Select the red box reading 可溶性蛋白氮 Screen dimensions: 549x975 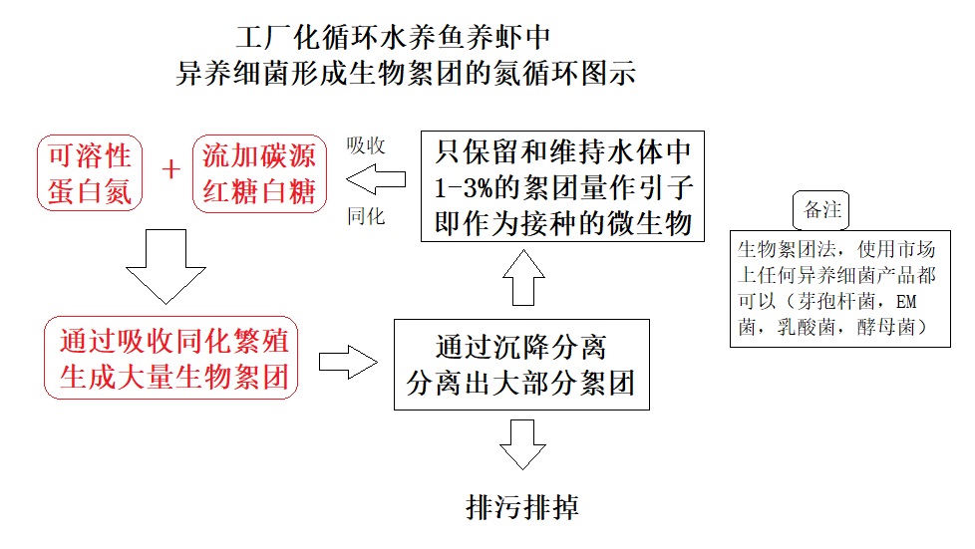90,172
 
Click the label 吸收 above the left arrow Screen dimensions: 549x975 366,144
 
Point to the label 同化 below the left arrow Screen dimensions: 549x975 366,215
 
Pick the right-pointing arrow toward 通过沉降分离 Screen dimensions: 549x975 347,362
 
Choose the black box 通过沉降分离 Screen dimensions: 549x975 521,364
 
